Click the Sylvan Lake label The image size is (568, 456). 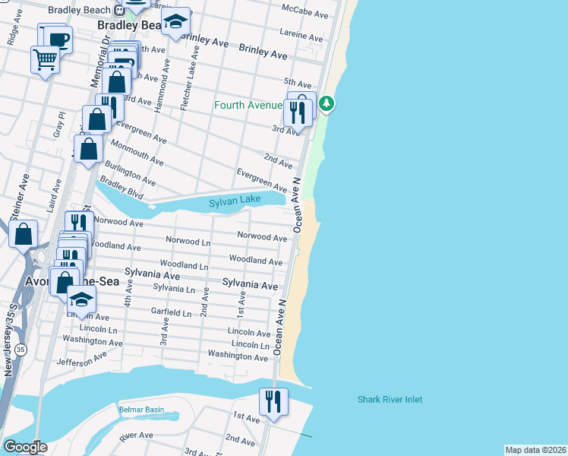[235, 200]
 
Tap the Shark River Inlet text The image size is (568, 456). [390, 400]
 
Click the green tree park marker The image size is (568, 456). [327, 103]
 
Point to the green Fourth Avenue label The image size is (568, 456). [248, 105]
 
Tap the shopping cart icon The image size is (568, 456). [45, 59]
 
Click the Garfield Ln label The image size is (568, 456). [171, 312]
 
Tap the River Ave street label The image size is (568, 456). [137, 435]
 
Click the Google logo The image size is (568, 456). [24, 447]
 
